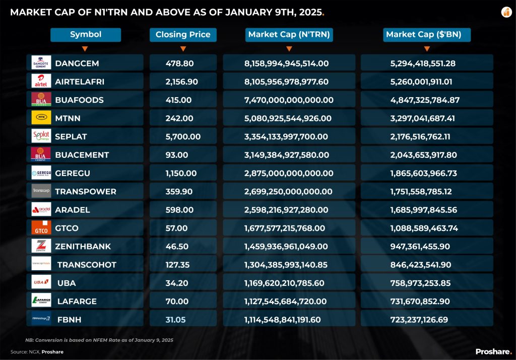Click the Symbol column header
pyautogui.click(x=86, y=35)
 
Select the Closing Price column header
pyautogui.click(x=183, y=35)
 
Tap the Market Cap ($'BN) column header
pyautogui.click(x=427, y=35)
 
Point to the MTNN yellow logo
pyautogui.click(x=41, y=118)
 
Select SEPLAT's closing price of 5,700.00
pyautogui.click(x=183, y=137)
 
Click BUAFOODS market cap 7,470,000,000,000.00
pyautogui.click(x=289, y=100)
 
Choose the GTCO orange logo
pyautogui.click(x=41, y=228)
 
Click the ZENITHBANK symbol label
pyautogui.click(x=83, y=247)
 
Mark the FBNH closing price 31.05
pyautogui.click(x=176, y=320)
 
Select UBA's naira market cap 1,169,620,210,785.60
pyautogui.click(x=286, y=283)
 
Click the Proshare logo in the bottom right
pyautogui.click(x=493, y=351)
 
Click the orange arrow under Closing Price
pyautogui.click(x=183, y=49)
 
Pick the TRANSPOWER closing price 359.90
pyautogui.click(x=179, y=192)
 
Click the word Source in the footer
pyautogui.click(x=17, y=352)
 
